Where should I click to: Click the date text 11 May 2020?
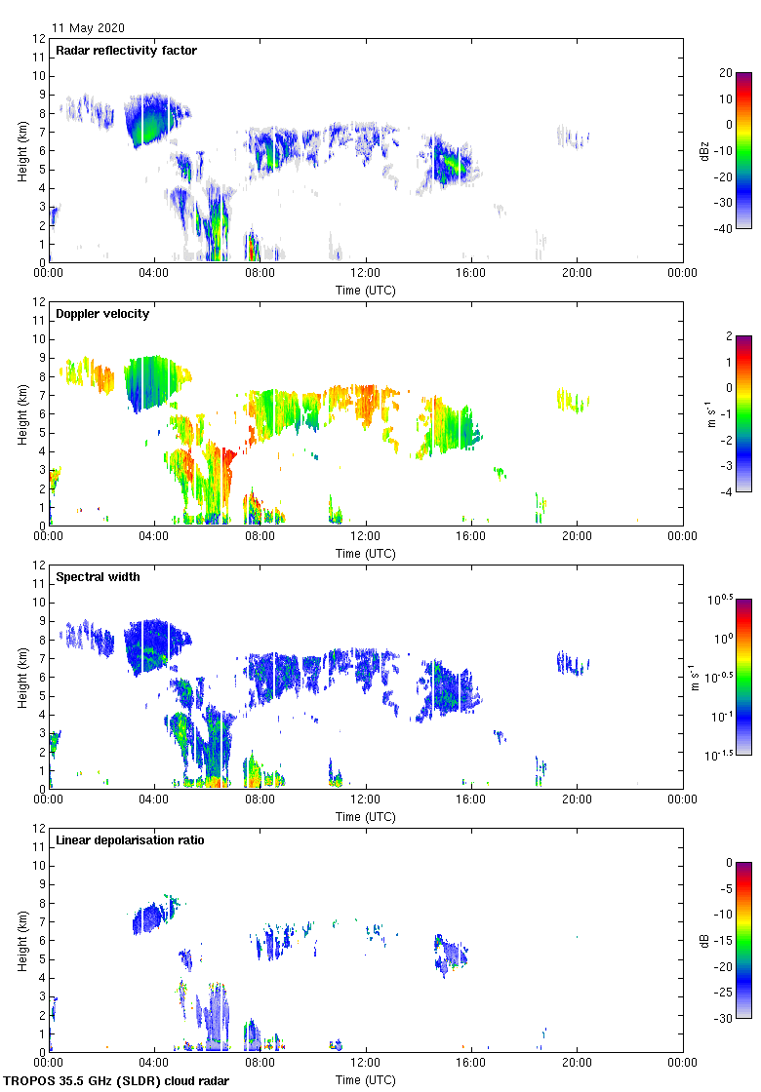coord(88,28)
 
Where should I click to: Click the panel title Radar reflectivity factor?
coord(127,51)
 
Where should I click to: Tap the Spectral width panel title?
coord(97,577)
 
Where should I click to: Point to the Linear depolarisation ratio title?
coord(130,840)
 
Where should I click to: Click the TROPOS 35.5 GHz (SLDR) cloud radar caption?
coord(118,1081)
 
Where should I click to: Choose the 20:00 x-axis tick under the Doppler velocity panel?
coord(577,537)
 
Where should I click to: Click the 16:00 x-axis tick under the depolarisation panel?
coord(471,1064)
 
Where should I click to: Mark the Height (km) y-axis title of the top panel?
coord(23,150)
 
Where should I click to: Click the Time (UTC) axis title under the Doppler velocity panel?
coord(366,553)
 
